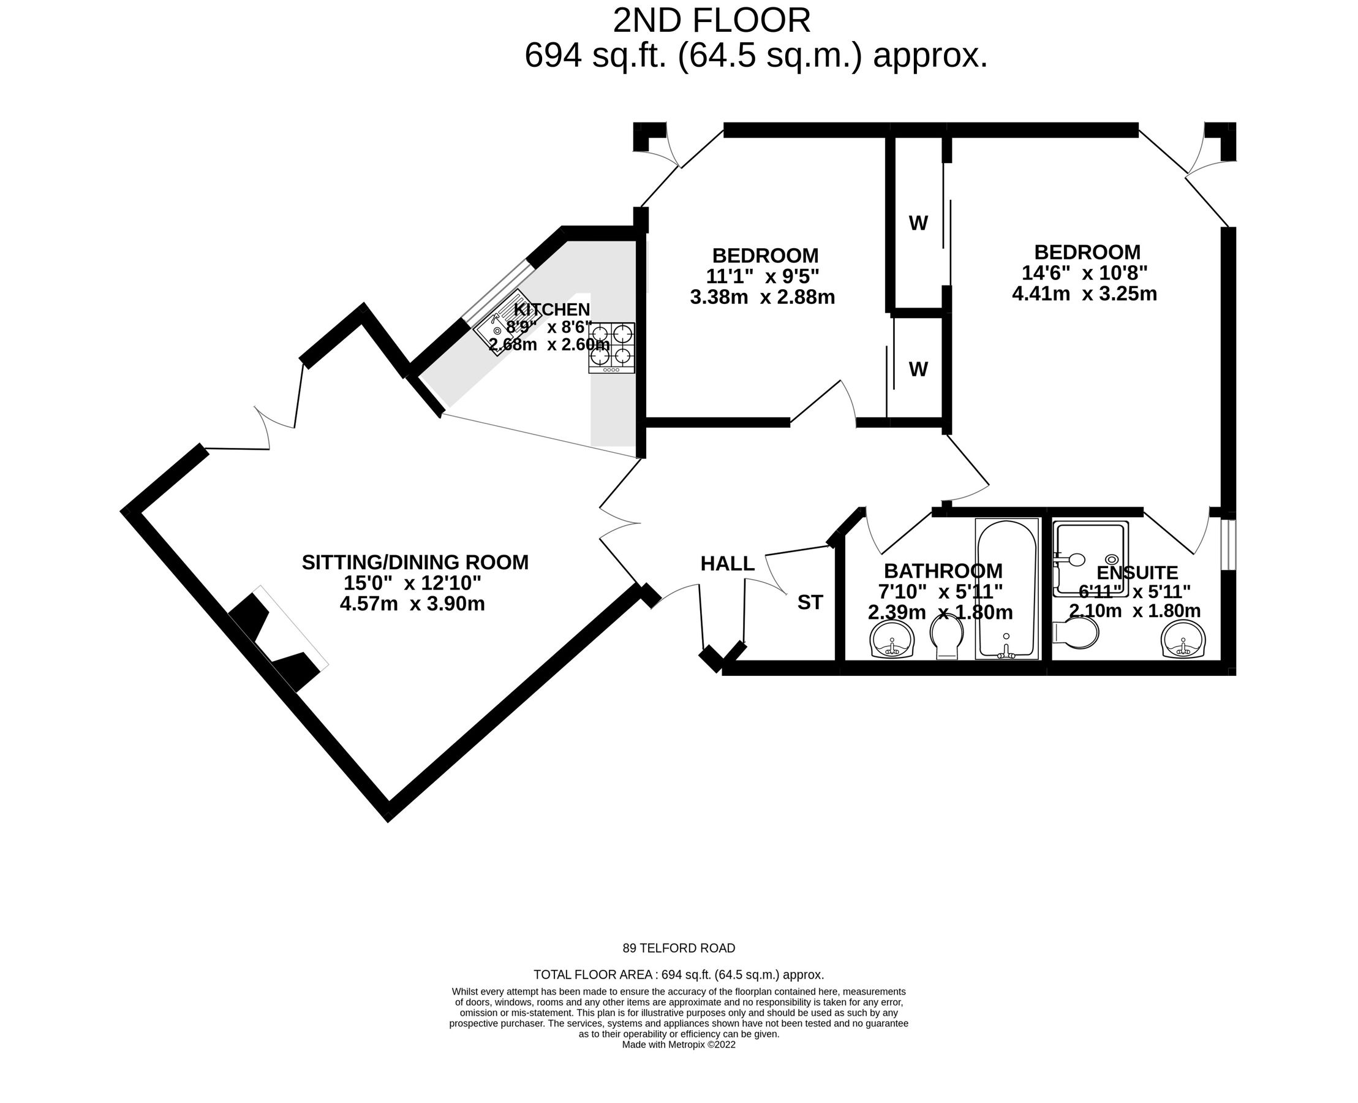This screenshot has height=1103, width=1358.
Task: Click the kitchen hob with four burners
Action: (x=612, y=347)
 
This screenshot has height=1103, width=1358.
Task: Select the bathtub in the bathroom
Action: (x=1006, y=589)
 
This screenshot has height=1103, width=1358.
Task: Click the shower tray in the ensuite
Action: (x=1090, y=558)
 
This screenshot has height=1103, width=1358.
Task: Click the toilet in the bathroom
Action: (x=946, y=637)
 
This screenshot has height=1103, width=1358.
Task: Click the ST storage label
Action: (x=810, y=602)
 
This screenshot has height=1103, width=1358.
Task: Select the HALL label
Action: (x=727, y=564)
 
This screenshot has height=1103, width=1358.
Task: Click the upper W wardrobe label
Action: (x=918, y=223)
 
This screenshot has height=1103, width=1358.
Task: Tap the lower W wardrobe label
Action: (x=918, y=369)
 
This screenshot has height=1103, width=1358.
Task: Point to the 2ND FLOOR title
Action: (x=711, y=21)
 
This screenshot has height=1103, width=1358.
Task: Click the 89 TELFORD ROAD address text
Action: (x=678, y=948)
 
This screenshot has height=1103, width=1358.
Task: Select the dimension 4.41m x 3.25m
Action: (x=1084, y=294)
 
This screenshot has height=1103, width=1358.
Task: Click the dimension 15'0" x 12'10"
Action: (x=412, y=583)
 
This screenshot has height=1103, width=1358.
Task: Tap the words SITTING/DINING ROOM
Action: (x=415, y=563)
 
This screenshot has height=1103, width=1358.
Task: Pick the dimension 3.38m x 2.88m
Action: (x=762, y=297)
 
